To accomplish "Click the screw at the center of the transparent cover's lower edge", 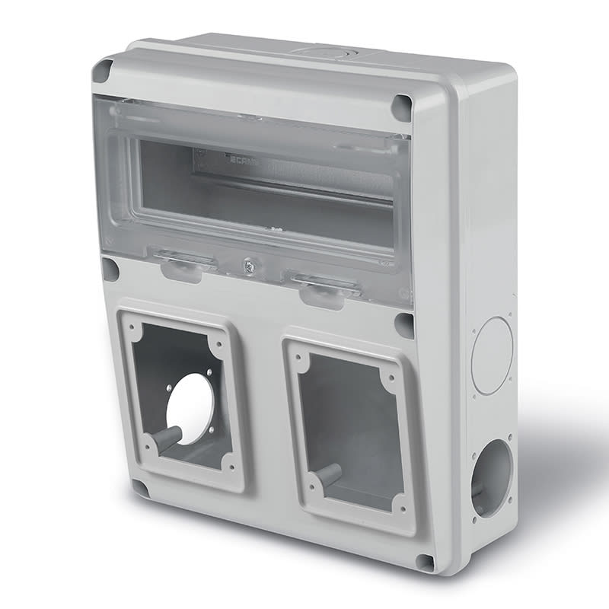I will click(248, 266).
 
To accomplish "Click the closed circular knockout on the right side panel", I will click(492, 356).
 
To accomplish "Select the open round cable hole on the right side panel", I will click(492, 477).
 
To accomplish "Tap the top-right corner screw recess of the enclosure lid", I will click(401, 107).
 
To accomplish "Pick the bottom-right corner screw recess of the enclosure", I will click(425, 562).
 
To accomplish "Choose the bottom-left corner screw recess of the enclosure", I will click(140, 487).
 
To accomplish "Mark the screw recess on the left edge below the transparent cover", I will click(110, 268).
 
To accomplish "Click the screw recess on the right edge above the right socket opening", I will click(404, 325).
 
